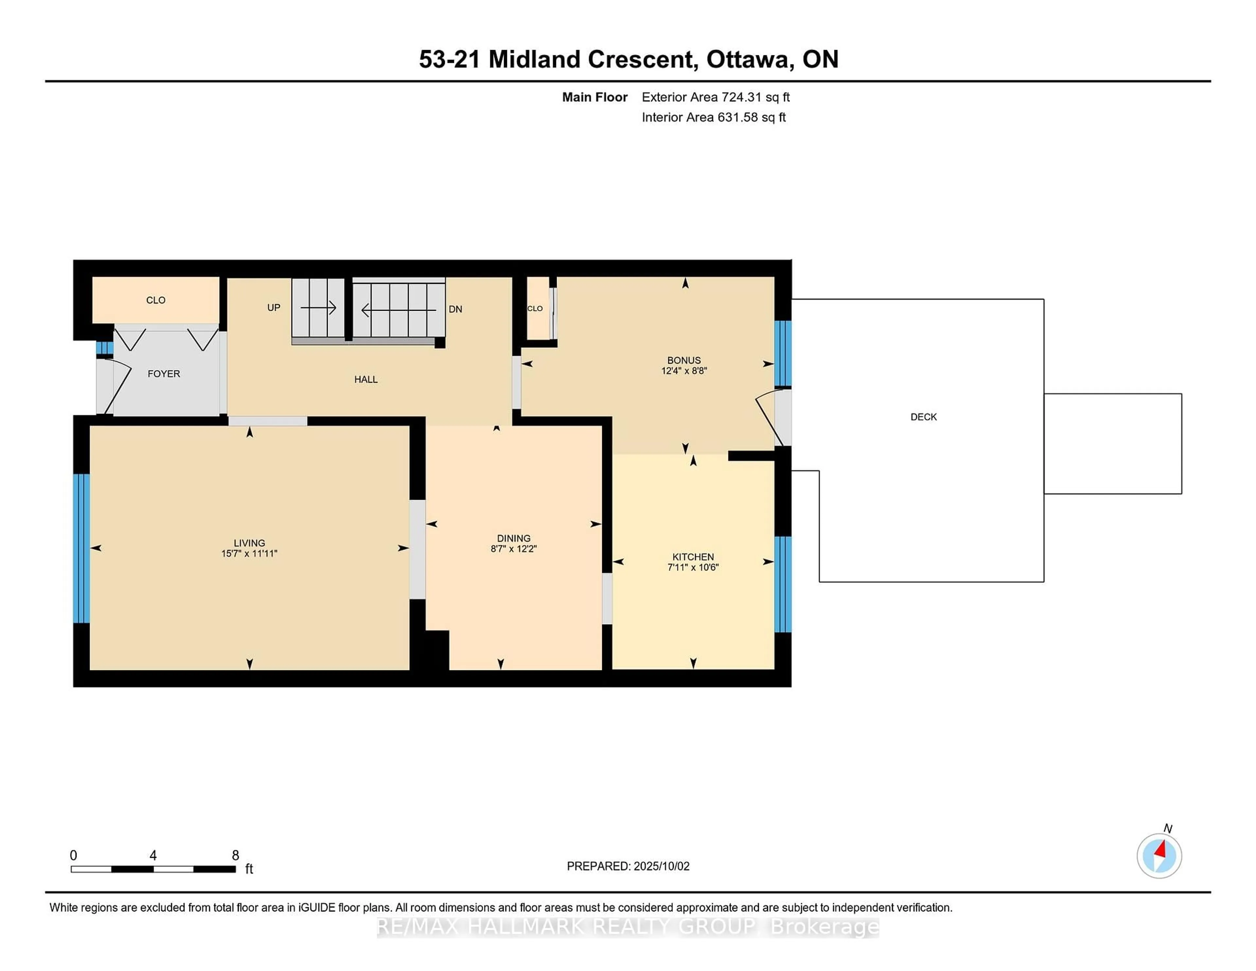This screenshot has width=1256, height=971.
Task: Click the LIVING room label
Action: pos(249,543)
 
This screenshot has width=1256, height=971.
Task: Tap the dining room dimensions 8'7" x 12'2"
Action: pos(514,549)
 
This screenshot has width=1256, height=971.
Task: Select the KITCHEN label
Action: pos(693,557)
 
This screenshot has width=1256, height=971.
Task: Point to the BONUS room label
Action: pos(684,361)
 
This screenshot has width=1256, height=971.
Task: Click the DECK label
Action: pos(924,417)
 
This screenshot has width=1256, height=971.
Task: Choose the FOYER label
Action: pos(164,374)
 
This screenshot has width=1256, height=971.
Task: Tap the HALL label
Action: pos(366,380)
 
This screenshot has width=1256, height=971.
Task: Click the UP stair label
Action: pos(274,308)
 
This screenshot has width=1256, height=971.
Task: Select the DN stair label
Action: pos(456,309)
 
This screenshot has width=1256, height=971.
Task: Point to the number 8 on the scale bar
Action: pos(235,856)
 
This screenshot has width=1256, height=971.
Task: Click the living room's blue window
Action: pos(82,548)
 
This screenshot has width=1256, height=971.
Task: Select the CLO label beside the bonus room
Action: pos(535,308)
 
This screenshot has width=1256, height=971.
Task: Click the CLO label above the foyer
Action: pos(156,300)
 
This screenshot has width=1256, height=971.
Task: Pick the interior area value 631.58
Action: pos(738,117)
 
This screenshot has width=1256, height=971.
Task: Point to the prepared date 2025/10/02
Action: pos(661,866)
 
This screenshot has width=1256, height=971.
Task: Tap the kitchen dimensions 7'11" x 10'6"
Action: pos(693,567)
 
